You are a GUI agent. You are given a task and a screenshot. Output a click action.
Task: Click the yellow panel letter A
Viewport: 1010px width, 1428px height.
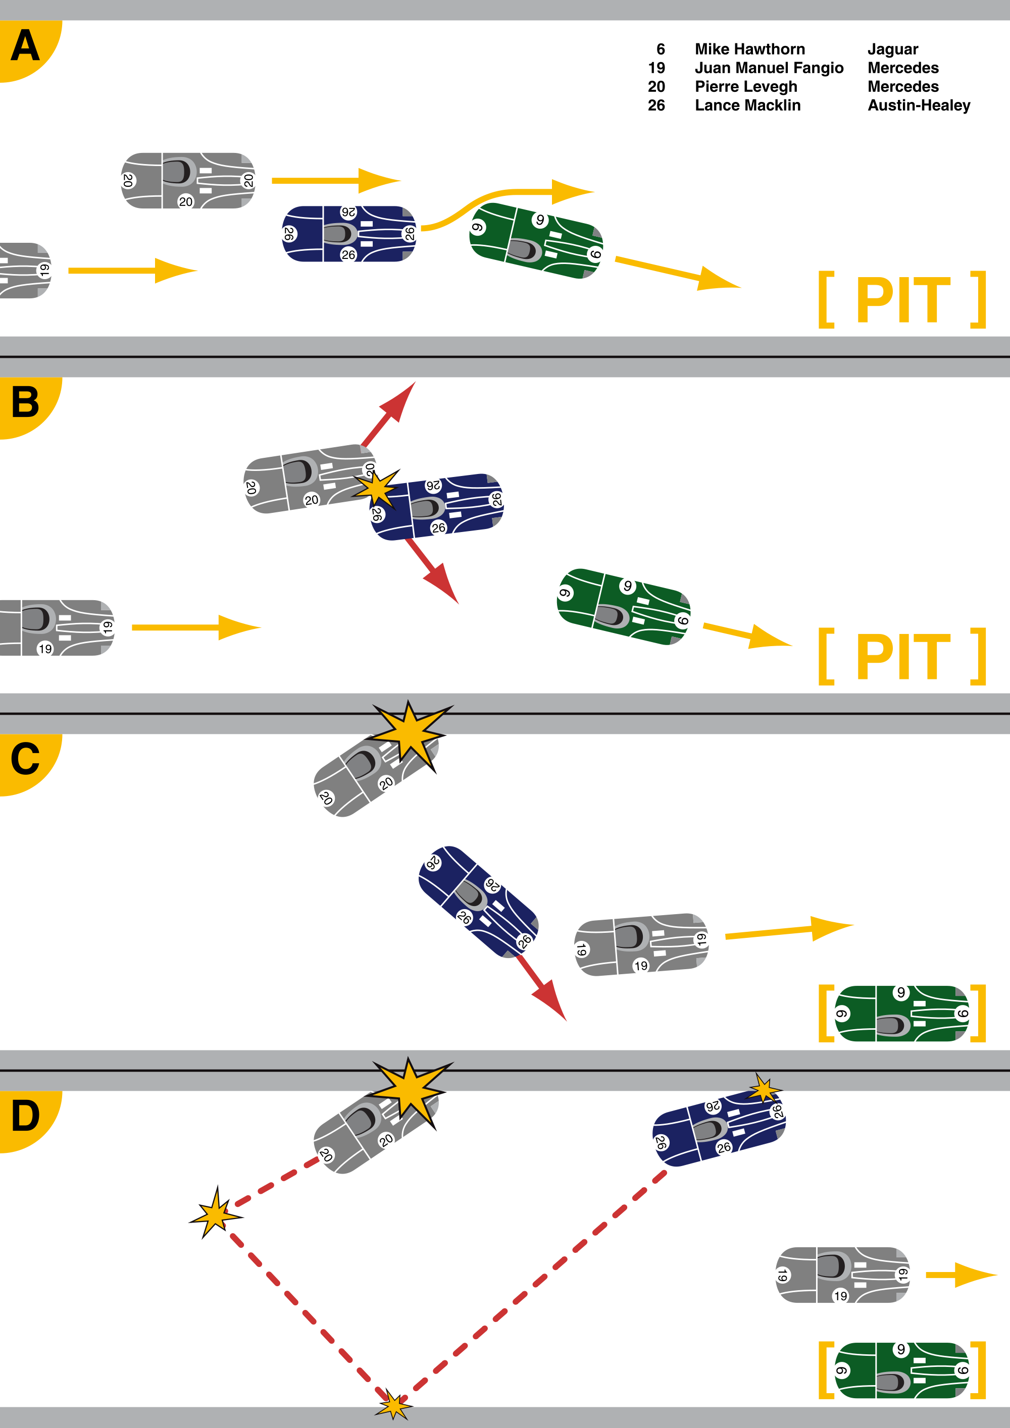25,46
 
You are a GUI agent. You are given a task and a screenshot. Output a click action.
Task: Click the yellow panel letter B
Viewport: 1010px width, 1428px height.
25,402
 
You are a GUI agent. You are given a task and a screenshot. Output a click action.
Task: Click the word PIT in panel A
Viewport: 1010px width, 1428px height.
903,300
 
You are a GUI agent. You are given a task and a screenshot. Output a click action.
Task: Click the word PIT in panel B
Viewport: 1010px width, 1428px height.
903,657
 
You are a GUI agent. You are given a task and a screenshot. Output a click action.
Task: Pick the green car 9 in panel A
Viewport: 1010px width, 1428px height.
536,241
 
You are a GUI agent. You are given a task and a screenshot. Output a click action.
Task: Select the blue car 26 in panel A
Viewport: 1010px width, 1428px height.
349,234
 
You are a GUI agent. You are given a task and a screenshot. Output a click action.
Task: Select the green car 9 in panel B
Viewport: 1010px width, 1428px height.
624,606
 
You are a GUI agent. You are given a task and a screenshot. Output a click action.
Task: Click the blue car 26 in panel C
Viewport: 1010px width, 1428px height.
477,902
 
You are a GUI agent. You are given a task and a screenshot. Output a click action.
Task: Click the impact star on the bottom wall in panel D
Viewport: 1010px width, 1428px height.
393,1406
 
